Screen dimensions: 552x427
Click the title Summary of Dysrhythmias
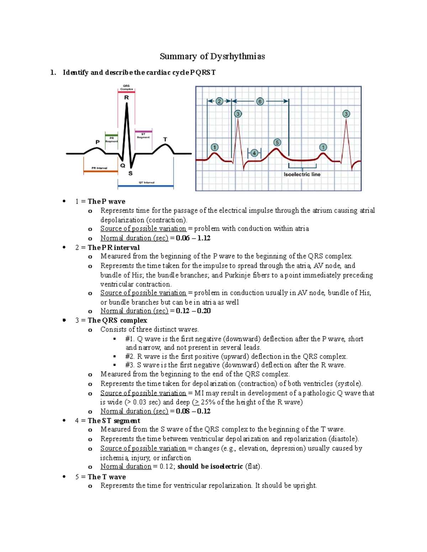tap(212, 56)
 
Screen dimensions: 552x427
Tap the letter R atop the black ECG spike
tap(126, 97)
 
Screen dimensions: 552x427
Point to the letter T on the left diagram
tap(165, 139)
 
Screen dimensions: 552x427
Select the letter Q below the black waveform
tap(123, 166)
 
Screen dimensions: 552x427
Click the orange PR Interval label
tap(99, 168)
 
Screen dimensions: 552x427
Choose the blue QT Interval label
tap(146, 182)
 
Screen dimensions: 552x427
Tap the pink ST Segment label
tap(143, 136)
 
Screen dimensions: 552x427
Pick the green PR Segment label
tap(111, 139)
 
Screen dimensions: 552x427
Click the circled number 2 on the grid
tap(219, 101)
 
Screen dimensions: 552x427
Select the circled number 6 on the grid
tap(260, 101)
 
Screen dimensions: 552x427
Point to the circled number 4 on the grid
tap(254, 153)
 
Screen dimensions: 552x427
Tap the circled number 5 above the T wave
tap(277, 143)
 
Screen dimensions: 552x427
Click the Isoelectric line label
tap(302, 175)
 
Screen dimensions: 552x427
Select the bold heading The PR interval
tap(114, 247)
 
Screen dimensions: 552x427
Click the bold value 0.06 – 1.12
tap(193, 238)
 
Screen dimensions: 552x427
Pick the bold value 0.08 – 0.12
tap(193, 411)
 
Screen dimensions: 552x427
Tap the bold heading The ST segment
tap(114, 421)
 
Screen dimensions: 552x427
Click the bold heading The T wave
tap(107, 477)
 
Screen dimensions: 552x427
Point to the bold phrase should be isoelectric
tap(210, 466)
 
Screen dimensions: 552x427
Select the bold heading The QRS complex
tap(117, 320)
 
